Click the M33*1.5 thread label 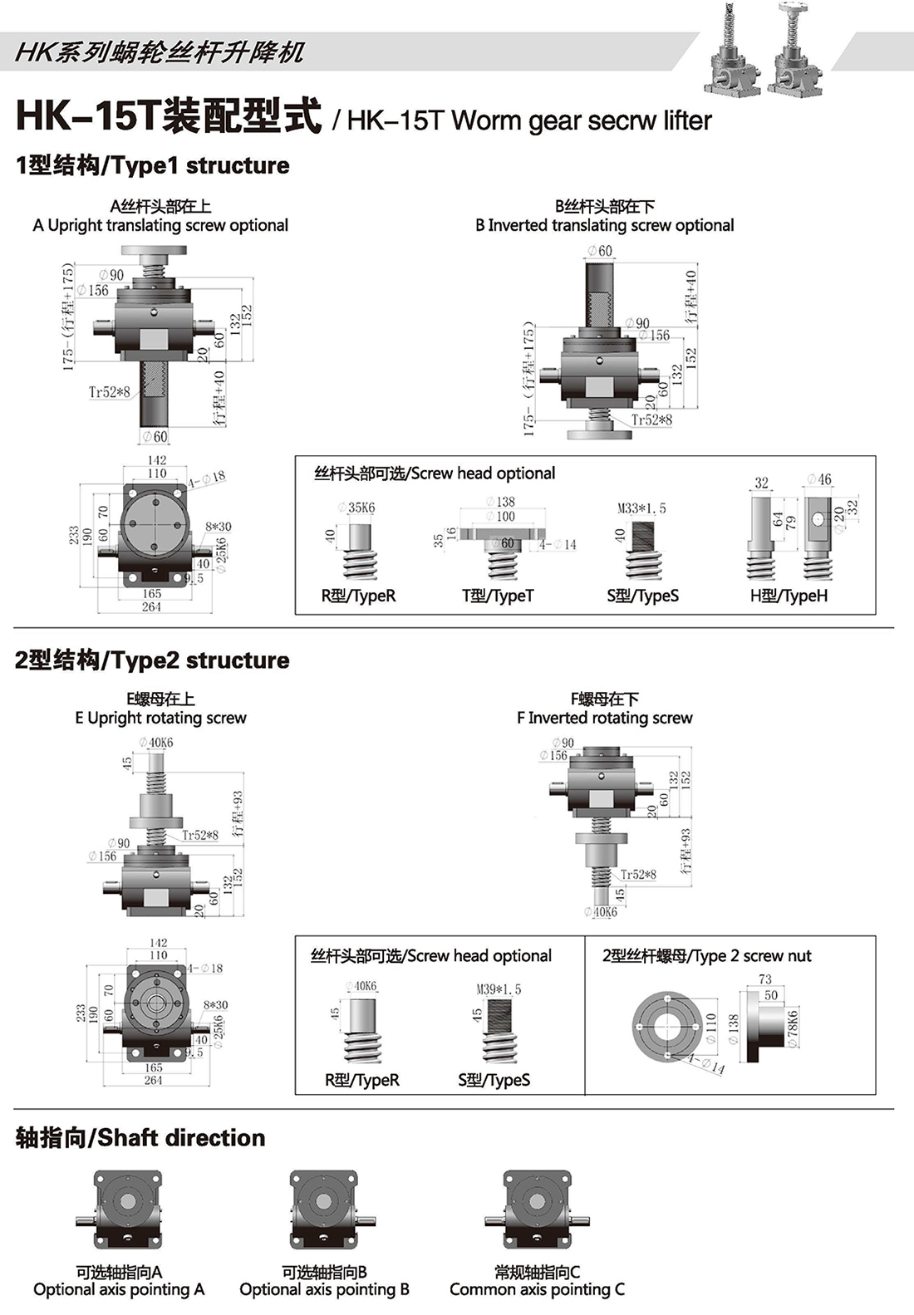coord(641,508)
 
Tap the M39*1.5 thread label coord(499,989)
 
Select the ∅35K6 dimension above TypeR coord(357,508)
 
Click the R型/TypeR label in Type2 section coord(361,1080)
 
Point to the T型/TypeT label coord(498,596)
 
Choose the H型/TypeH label coord(789,596)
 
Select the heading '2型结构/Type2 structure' coord(152,660)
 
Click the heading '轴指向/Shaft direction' coord(140,1137)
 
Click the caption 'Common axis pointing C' coord(537,1289)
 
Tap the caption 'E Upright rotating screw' coord(160,718)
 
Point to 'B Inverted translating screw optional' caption coord(604,225)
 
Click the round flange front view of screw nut coord(668,1027)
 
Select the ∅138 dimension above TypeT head coord(501,502)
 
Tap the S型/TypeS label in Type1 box coord(642,596)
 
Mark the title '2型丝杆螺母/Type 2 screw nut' coord(706,956)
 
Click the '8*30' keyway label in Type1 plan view coord(219,527)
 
